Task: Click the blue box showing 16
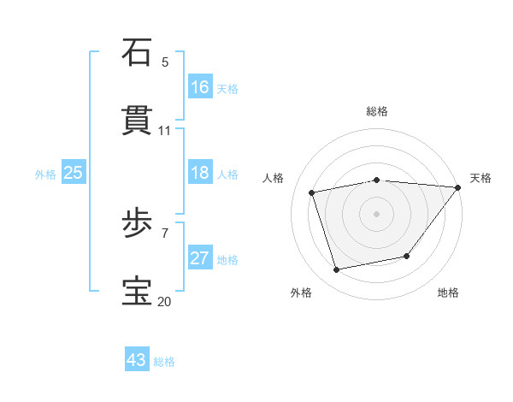click(x=200, y=86)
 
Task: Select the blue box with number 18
click(x=200, y=173)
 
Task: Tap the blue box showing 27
click(x=200, y=258)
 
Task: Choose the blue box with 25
click(x=74, y=173)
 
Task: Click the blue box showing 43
click(x=137, y=360)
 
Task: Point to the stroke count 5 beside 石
click(x=165, y=62)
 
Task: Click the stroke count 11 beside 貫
click(x=165, y=130)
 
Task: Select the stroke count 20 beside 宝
click(x=165, y=301)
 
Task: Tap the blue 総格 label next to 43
click(x=165, y=362)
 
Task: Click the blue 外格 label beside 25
click(x=45, y=174)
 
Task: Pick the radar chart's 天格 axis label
click(x=481, y=178)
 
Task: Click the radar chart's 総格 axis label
click(x=376, y=111)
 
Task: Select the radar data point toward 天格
click(x=458, y=187)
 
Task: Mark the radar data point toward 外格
click(x=337, y=270)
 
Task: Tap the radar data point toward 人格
click(x=312, y=192)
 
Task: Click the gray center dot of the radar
click(x=376, y=214)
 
